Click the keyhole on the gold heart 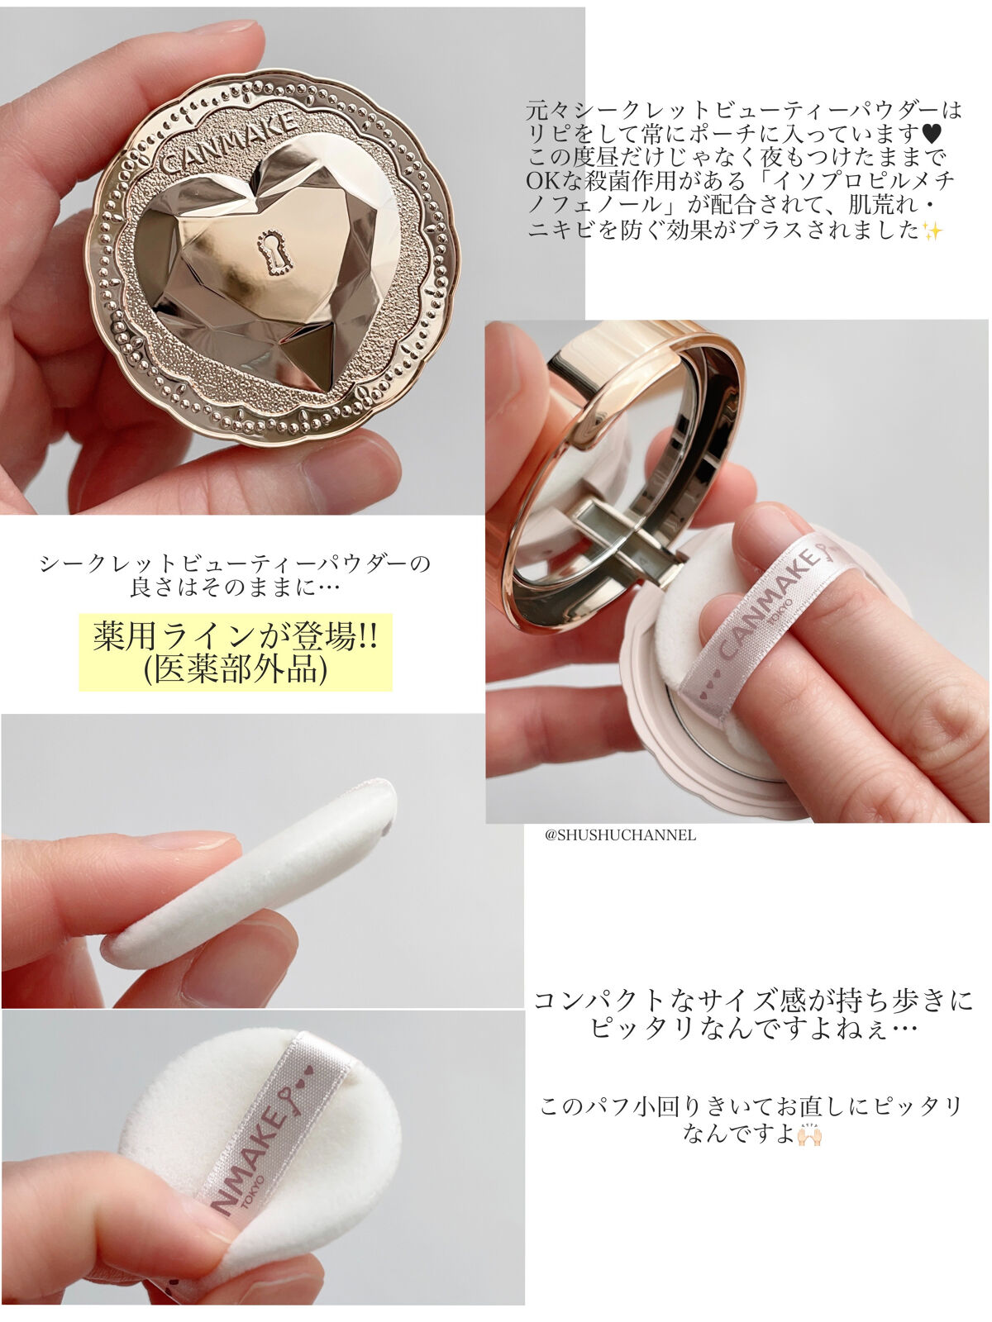275,252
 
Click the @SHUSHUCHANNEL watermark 620,835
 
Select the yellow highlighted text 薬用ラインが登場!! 236,636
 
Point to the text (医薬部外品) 236,670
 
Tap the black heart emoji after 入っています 931,133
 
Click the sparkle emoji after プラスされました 932,231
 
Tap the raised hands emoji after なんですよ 809,1135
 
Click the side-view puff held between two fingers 248,874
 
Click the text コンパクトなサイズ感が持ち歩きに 753,1001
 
